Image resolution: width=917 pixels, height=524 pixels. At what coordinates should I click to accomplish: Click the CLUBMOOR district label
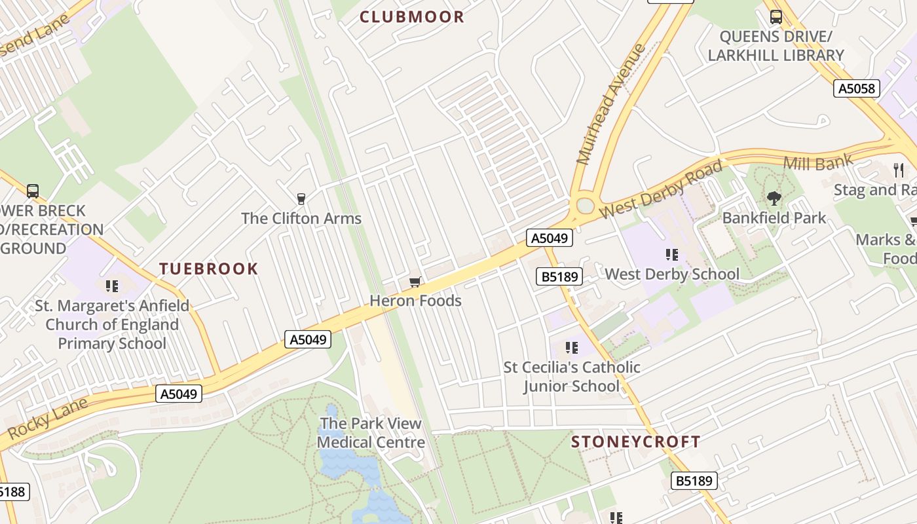coord(412,17)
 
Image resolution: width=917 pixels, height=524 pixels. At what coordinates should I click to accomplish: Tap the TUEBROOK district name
coord(209,269)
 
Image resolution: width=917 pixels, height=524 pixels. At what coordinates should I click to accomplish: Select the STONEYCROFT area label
coord(635,441)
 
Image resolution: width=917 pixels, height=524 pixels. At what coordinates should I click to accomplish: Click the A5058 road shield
coord(856,88)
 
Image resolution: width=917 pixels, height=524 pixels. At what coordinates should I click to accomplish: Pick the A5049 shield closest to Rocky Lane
coord(179,394)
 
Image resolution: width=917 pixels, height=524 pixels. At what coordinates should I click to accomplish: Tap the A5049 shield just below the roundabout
coord(550,238)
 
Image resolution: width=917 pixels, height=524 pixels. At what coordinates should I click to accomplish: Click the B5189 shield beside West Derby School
coord(559,276)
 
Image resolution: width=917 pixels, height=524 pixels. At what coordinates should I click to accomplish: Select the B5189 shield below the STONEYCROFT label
coord(694,481)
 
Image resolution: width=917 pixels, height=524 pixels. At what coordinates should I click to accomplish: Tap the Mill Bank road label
coord(818,161)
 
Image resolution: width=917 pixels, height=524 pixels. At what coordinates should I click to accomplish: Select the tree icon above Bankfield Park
coord(774,197)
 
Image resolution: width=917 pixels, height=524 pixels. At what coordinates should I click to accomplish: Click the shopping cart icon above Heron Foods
coord(415,282)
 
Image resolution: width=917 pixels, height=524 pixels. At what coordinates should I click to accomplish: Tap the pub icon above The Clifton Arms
coord(301,198)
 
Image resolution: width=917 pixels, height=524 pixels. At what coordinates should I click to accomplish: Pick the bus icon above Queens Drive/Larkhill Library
coord(776,17)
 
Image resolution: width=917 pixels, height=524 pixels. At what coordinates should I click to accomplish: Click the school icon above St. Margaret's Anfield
coord(112,286)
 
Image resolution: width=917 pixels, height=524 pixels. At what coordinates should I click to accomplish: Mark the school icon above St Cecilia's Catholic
coord(572,348)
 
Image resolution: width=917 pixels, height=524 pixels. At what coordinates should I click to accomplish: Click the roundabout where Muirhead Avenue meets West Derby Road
coord(585,206)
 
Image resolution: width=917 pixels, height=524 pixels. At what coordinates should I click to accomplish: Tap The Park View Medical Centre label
coord(371,432)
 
